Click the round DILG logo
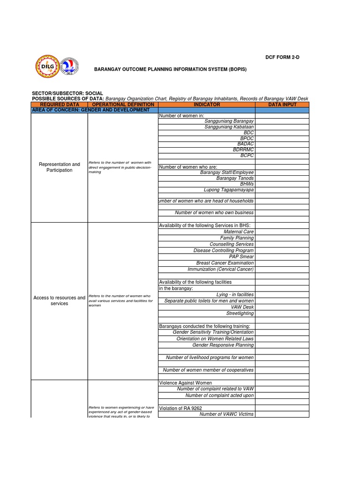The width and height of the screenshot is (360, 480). point(48,67)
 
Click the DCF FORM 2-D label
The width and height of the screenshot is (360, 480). point(282,57)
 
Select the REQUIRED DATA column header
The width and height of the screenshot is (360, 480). point(60,105)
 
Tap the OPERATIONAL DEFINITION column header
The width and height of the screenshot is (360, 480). point(123,105)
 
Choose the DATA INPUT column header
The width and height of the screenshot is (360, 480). point(282,105)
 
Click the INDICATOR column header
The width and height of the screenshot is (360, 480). point(207,105)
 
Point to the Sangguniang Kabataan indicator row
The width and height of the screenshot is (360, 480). point(229,127)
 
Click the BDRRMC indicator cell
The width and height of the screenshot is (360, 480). point(243,150)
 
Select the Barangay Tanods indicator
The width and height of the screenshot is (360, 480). point(235,178)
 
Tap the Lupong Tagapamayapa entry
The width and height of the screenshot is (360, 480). point(228,190)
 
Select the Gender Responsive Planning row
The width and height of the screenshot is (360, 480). point(223,345)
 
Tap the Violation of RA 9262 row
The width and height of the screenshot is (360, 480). point(180,408)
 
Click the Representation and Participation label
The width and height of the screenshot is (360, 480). point(60,167)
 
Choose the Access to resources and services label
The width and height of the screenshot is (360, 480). point(60,300)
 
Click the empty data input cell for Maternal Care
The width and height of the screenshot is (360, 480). point(282,232)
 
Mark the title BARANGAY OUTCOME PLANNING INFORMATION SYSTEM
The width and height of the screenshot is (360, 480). point(170,69)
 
